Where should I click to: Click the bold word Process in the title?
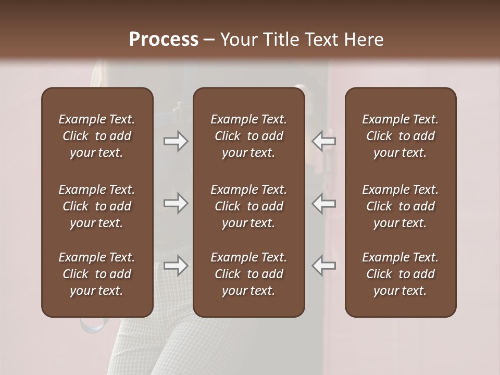[164, 40]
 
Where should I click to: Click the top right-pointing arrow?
[176, 141]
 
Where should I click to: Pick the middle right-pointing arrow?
[176, 203]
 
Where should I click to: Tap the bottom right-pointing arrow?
[176, 266]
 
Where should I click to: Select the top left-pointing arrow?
[324, 141]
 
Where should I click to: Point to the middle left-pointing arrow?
[324, 203]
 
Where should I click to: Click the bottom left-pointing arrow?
[324, 266]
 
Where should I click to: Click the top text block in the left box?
[97, 136]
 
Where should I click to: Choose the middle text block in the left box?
[97, 206]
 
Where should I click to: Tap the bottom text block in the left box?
[97, 274]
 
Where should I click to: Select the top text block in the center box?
[249, 136]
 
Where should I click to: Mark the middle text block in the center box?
[249, 206]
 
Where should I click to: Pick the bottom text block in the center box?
[249, 274]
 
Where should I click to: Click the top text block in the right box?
[401, 136]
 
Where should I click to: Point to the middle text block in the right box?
[401, 206]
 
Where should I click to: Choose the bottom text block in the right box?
[401, 274]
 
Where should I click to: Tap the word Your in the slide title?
[237, 40]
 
